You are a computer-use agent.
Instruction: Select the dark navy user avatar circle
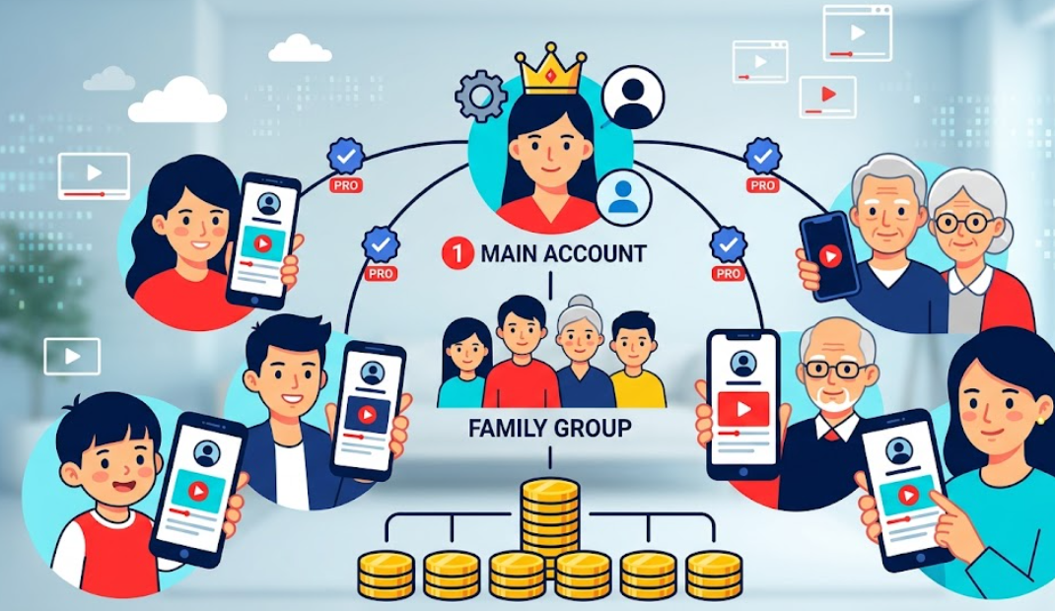coord(633,97)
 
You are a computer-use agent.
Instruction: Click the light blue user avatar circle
coord(623,194)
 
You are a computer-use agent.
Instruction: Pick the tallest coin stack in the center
coord(549,522)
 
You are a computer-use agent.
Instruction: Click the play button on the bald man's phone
coord(742,407)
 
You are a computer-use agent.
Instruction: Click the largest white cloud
coord(177,102)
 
